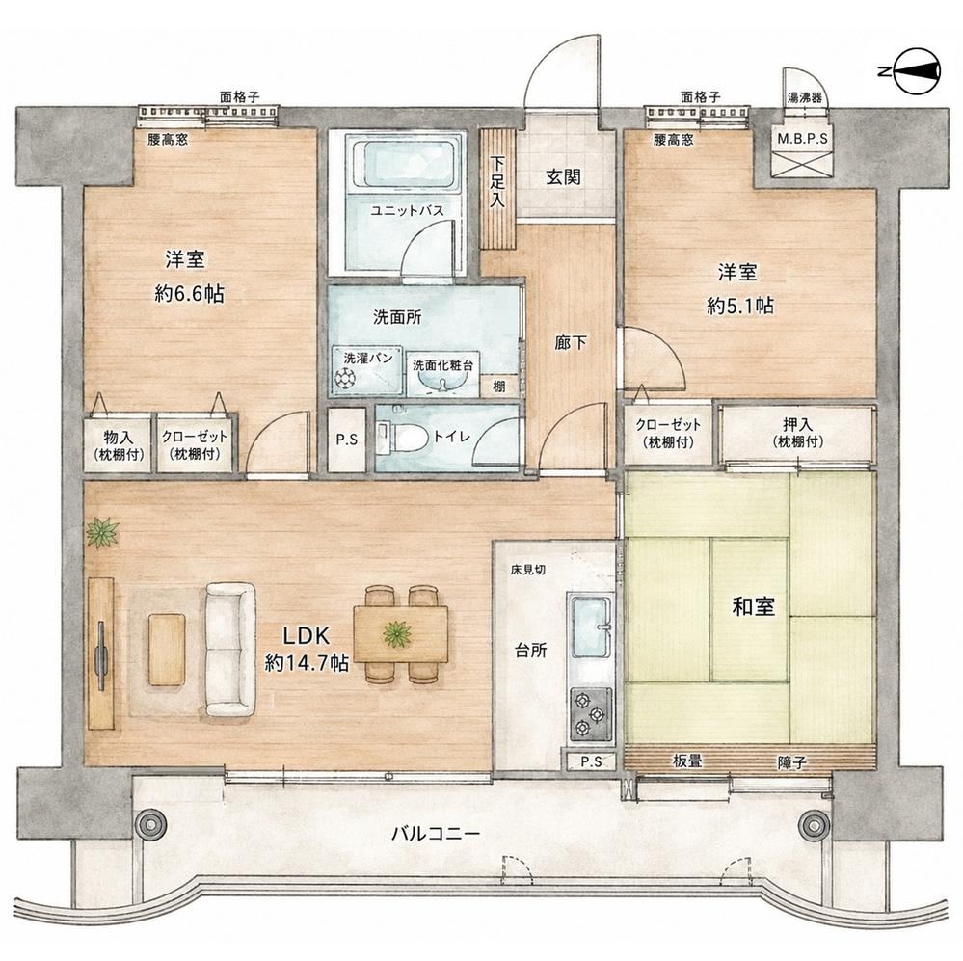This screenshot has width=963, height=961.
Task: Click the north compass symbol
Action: [x=917, y=71]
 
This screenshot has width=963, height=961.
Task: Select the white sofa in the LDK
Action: [x=230, y=650]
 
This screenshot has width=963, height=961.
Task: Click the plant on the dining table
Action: [x=397, y=634]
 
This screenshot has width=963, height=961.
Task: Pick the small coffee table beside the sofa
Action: [x=167, y=650]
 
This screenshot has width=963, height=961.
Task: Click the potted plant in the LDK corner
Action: [x=101, y=532]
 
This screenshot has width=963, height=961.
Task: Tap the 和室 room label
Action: [x=753, y=606]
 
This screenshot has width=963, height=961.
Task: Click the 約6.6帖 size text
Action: [x=189, y=294]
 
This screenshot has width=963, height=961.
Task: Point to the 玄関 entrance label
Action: [x=563, y=177]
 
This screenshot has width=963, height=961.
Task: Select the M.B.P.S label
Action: [x=802, y=139]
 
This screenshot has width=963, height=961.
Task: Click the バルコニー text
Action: [x=436, y=834]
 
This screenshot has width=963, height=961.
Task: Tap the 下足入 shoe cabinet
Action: [x=496, y=188]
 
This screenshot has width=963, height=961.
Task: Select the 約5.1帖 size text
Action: [x=740, y=306]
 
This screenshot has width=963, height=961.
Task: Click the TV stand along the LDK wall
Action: [x=100, y=654]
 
